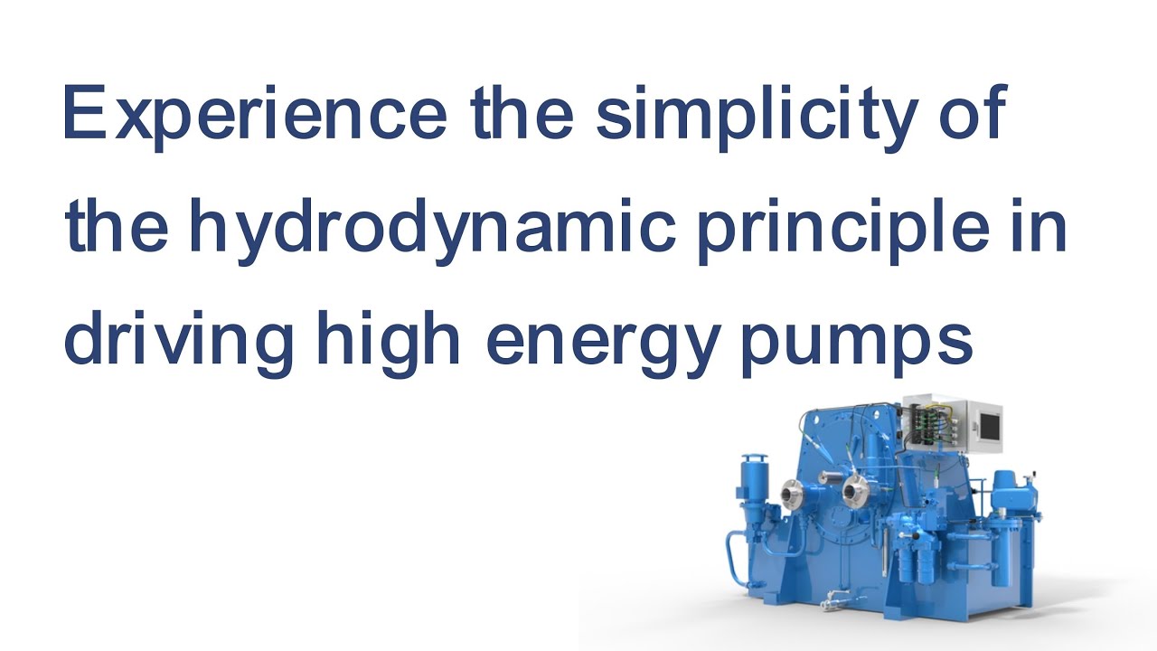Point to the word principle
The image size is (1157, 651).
point(838,229)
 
